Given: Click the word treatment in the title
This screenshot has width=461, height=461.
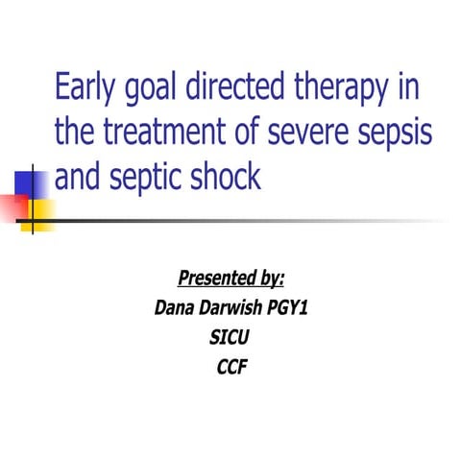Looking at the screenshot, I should tap(159, 133).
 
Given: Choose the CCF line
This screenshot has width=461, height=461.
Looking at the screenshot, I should tap(230, 366).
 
